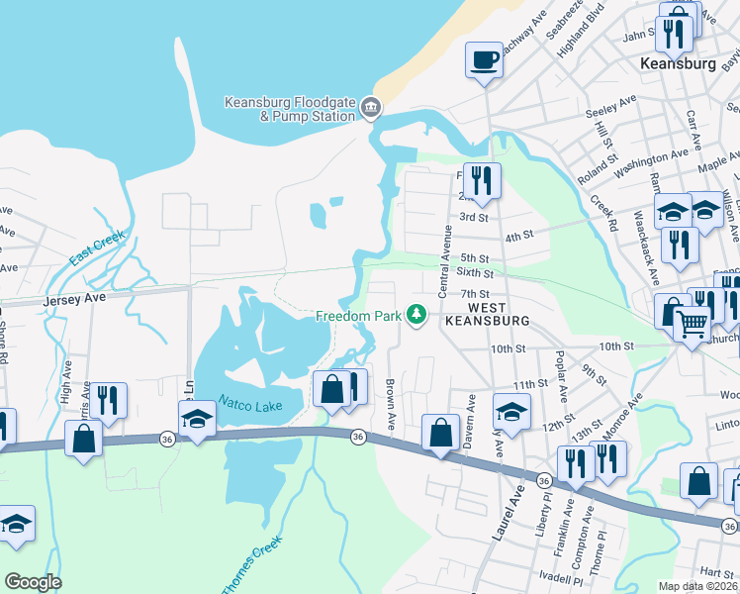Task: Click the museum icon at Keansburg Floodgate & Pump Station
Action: coord(370,107)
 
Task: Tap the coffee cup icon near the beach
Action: coord(485,60)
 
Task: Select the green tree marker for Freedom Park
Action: coord(417,316)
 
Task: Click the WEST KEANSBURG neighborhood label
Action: coord(487,314)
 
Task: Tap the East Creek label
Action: coord(97,248)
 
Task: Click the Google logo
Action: coord(33,582)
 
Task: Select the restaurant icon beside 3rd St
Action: coord(482,180)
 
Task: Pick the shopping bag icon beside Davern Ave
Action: coord(439,433)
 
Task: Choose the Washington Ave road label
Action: coord(650,164)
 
